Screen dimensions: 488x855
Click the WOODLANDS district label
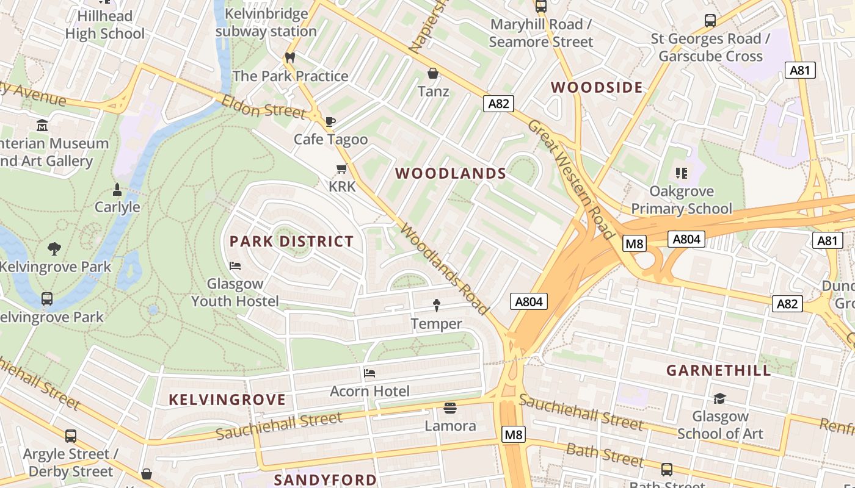[451, 174]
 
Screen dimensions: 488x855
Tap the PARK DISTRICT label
[291, 242]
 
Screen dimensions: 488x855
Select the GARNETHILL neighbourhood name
[719, 371]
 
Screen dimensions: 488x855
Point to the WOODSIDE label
[597, 87]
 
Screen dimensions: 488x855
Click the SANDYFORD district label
[325, 479]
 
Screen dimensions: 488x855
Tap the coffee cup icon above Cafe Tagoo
[330, 121]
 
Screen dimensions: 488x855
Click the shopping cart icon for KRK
[341, 168]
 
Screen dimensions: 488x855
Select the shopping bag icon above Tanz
[433, 74]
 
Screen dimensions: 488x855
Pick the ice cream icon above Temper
[436, 305]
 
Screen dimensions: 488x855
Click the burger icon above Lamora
[450, 407]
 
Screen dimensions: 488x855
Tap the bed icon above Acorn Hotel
[369, 373]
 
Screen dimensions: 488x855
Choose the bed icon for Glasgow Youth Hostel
[235, 265]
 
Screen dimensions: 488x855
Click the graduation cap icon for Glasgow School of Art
[719, 398]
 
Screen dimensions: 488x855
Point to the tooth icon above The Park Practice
[290, 58]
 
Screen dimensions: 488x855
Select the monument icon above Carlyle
[117, 190]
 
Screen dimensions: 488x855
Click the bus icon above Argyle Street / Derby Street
[71, 436]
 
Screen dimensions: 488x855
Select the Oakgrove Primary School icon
[682, 173]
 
